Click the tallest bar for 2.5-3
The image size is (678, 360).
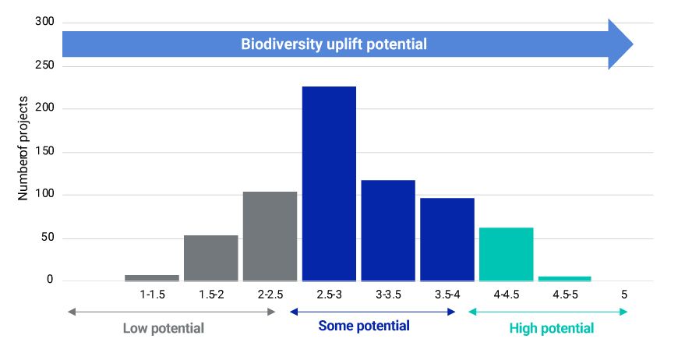pos(328,183)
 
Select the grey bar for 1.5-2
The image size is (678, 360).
pos(210,258)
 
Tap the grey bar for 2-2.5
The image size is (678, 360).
pos(270,236)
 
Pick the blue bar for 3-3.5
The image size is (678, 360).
pos(387,231)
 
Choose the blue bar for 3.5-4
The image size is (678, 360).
pos(447,239)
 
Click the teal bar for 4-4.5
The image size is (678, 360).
pos(506,254)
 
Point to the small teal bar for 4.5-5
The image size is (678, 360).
pos(564,278)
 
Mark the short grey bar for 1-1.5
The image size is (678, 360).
pos(151,277)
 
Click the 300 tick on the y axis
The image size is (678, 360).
pos(44,22)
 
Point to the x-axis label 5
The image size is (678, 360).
pos(624,295)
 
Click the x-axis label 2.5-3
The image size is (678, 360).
pos(328,295)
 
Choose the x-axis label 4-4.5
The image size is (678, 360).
pos(506,295)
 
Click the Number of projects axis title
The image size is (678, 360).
pos(24,149)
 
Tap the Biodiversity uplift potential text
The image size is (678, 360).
pos(333,44)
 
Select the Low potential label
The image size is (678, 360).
pos(163,328)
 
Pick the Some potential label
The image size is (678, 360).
pos(363,326)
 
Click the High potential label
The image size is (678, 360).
pos(551,328)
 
